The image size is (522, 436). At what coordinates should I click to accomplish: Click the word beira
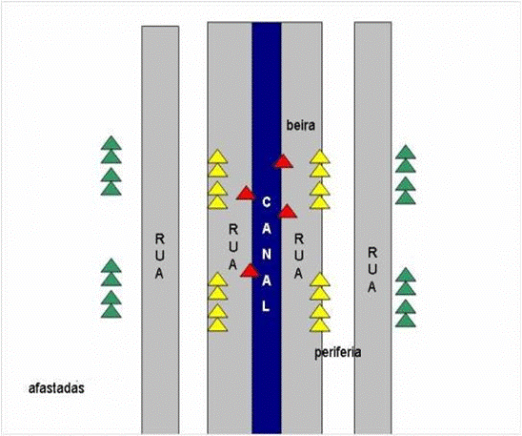pos(301,125)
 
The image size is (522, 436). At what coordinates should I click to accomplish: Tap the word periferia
pos(337,352)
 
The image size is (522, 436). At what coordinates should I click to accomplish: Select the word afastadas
pos(56,388)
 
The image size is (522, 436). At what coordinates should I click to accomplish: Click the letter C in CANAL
pos(267,202)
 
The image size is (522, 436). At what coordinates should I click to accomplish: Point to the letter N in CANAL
pos(267,255)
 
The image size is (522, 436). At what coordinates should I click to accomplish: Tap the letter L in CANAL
pos(266,306)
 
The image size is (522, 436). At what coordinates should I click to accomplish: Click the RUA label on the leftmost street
pos(160,256)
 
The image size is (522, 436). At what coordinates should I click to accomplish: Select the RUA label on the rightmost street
pos(372,270)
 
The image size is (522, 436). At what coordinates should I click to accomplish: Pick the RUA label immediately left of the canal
pos(233,247)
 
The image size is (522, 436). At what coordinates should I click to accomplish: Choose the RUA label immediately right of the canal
pos(298,256)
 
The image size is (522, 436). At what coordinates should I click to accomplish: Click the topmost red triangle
pos(283,162)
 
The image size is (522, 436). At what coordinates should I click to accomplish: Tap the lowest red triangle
pos(250,272)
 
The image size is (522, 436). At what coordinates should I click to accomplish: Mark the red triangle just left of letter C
pos(246,194)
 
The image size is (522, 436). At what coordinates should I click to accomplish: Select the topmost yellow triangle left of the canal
pos(218,157)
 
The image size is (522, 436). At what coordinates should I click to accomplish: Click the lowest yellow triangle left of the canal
pos(218,326)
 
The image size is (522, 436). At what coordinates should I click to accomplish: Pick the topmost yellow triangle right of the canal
pos(320,157)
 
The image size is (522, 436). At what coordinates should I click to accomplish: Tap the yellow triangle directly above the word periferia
pos(320,326)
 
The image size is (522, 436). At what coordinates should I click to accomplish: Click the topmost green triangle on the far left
pos(111,144)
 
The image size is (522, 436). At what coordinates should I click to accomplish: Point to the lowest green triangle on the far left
pos(111,312)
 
